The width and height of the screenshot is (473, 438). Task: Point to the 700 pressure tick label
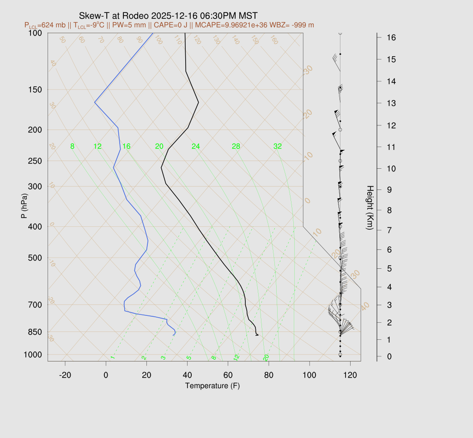[x=36, y=305]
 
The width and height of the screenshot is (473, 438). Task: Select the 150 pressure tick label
[x=36, y=89]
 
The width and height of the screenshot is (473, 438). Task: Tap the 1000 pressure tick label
[x=34, y=355]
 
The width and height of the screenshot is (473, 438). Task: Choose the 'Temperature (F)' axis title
[x=212, y=385]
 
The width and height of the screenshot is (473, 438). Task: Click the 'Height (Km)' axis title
[x=370, y=208]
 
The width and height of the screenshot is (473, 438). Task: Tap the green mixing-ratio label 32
[x=277, y=147]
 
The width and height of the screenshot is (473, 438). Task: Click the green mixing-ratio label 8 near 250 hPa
[x=72, y=147]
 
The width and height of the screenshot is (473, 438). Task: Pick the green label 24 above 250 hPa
[x=196, y=147]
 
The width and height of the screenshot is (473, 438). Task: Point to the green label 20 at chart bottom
[x=266, y=358]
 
